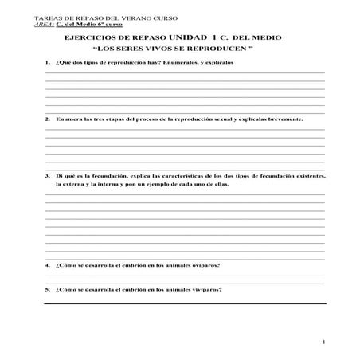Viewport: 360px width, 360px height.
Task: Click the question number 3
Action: pyautogui.click(x=47, y=174)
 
